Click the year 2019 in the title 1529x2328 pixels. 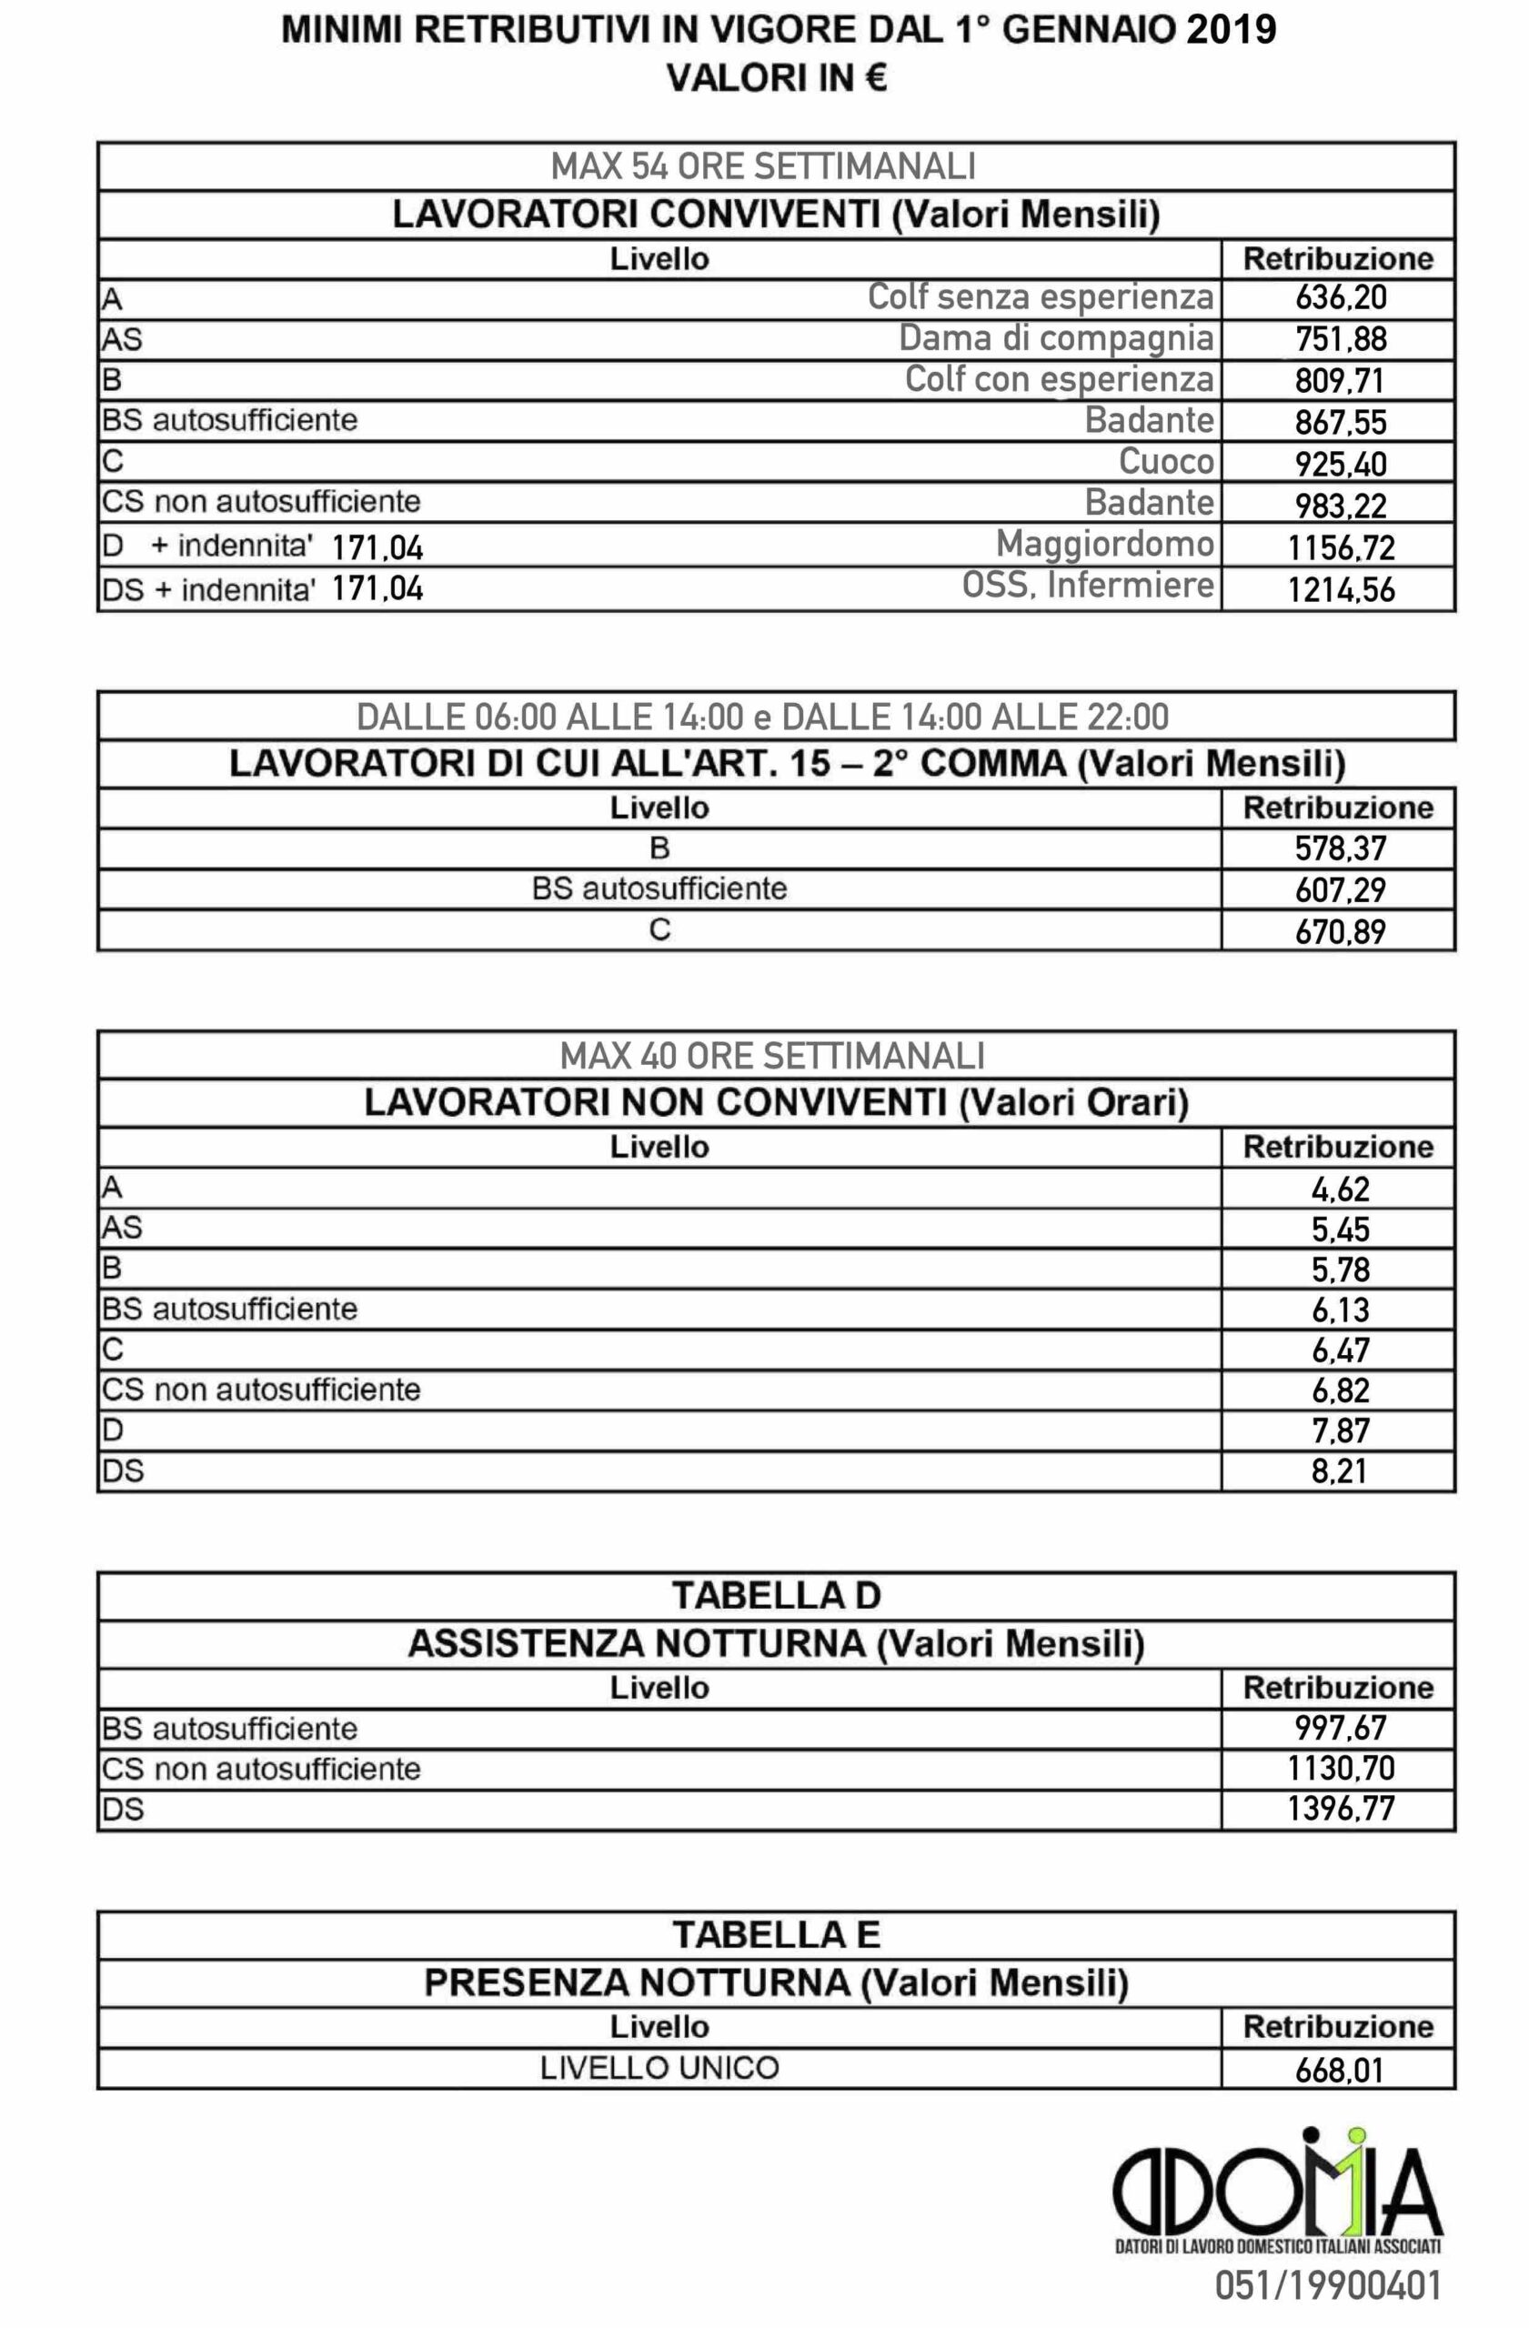click(1231, 31)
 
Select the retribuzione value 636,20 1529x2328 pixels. click(1340, 297)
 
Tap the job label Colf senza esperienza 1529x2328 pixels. click(1040, 296)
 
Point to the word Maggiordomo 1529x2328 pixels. click(1104, 543)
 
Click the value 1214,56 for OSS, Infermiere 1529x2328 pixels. click(1340, 589)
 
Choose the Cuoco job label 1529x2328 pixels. click(1166, 461)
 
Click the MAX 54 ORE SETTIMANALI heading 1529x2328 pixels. click(763, 166)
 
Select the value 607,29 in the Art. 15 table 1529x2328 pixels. click(1340, 889)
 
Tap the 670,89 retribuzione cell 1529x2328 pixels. click(1340, 930)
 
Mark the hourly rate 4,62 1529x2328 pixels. click(1340, 1189)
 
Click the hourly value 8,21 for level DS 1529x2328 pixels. click(1340, 1470)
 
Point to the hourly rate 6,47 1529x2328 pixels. click(1340, 1350)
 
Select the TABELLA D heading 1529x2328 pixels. click(776, 1595)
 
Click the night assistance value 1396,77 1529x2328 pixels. click(1340, 1809)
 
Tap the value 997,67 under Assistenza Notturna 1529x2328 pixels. click(1340, 1728)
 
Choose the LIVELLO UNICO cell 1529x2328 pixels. click(659, 2068)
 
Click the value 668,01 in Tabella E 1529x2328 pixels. click(1340, 2070)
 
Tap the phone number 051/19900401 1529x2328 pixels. click(1327, 2286)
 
